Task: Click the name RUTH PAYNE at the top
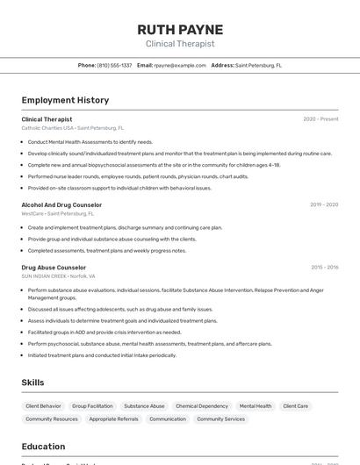180,30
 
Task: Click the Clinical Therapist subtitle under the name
180,44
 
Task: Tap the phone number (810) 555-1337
114,65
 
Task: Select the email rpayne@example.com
180,65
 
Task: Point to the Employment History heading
65,100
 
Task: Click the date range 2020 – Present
320,119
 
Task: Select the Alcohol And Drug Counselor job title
61,204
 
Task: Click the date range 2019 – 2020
324,204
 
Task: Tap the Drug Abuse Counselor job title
54,268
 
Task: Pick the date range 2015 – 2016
324,268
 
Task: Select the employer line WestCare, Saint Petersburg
57,213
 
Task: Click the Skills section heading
33,383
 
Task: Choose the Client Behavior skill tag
44,406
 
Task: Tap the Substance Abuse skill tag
144,406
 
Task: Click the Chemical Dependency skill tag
202,406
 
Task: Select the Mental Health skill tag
256,406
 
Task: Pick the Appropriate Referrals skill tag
113,419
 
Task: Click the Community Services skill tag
221,419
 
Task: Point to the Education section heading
44,446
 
